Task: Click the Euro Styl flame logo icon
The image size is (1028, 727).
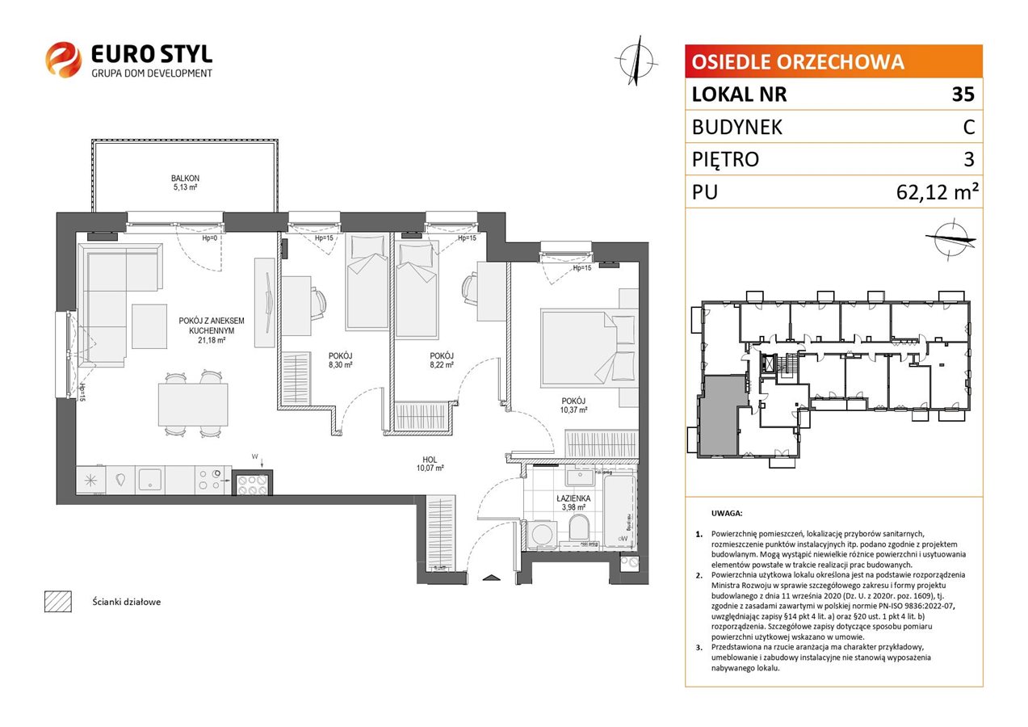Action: [63, 59]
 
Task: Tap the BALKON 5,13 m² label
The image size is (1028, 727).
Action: [185, 183]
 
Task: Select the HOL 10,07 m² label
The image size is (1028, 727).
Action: [430, 464]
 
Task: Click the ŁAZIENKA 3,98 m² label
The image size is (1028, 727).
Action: [573, 502]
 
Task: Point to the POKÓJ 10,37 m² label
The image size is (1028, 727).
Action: [573, 406]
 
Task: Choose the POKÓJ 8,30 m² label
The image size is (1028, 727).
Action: [340, 360]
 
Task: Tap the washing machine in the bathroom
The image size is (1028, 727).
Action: [542, 535]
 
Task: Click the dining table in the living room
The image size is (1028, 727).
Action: [193, 405]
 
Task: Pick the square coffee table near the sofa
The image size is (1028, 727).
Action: [149, 326]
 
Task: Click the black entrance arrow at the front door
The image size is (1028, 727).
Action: [491, 578]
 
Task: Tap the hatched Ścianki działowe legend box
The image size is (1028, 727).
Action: [58, 601]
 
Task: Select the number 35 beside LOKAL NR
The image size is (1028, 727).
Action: [963, 94]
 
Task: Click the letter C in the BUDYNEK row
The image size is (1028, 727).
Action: [969, 127]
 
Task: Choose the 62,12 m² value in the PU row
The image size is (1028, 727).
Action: [937, 192]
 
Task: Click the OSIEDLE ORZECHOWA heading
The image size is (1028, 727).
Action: [798, 62]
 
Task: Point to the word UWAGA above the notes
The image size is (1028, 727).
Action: [727, 514]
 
